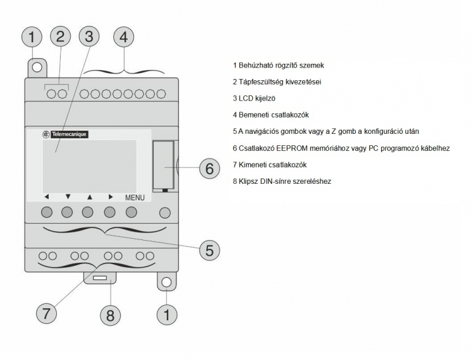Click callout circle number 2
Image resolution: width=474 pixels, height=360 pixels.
59,37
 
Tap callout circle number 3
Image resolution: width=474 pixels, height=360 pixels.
89,37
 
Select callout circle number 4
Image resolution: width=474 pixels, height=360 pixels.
123,37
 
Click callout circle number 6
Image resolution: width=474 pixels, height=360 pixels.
209,169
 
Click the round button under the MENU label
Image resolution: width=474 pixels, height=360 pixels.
131,212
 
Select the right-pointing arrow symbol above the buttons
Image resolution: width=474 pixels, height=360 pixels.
110,197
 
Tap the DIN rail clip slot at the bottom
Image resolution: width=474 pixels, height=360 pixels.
100,278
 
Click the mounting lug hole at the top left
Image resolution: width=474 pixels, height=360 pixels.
37,66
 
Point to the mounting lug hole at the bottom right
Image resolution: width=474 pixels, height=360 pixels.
166,282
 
